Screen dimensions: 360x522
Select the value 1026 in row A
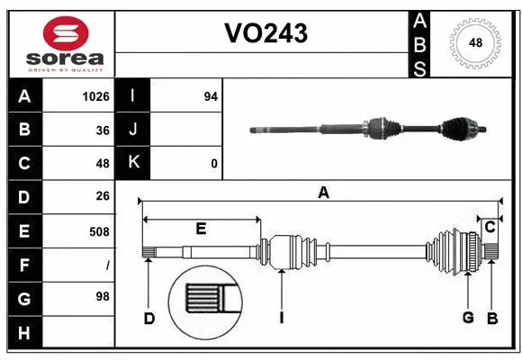pyautogui.click(x=94, y=96)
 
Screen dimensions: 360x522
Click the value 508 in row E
pyautogui.click(x=98, y=230)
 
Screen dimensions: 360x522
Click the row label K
pyautogui.click(x=133, y=163)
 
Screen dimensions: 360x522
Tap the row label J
pyautogui.click(x=133, y=130)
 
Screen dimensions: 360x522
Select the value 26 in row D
pyautogui.click(x=102, y=196)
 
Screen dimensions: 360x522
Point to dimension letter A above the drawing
pyautogui.click(x=323, y=192)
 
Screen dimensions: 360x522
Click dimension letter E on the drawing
pyautogui.click(x=201, y=229)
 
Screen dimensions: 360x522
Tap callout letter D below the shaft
pyautogui.click(x=149, y=318)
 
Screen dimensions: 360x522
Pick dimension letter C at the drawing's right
pyautogui.click(x=490, y=227)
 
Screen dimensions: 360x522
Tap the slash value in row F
pyautogui.click(x=107, y=265)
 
